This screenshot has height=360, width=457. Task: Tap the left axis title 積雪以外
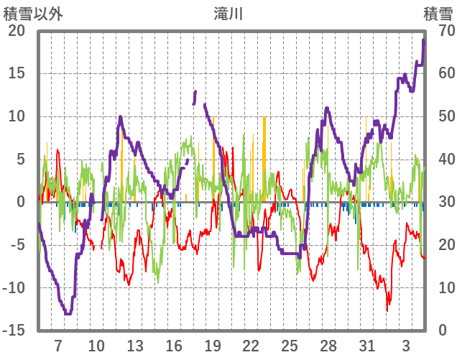34,13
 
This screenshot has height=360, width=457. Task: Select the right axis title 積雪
438,13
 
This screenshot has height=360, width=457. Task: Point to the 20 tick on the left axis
17,31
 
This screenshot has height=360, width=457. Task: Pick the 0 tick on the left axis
21,202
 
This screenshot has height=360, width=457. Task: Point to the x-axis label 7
58,346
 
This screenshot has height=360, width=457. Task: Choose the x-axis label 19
212,346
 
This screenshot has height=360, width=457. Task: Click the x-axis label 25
290,346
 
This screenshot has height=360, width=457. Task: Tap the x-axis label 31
367,346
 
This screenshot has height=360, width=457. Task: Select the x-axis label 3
406,346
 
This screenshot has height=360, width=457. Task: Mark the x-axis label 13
135,346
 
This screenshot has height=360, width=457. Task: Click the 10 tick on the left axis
17,116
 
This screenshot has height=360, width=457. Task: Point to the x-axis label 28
328,346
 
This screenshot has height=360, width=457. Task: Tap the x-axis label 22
251,346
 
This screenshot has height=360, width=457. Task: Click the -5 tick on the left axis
17,245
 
